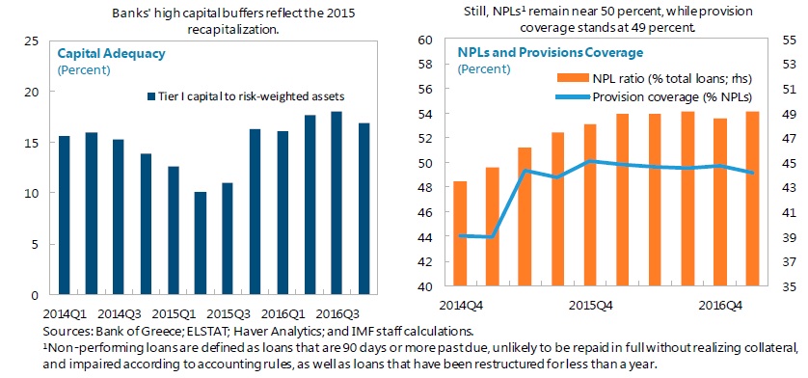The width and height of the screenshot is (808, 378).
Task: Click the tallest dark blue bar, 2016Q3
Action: [x=337, y=203]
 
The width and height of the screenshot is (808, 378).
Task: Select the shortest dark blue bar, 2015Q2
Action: [x=200, y=243]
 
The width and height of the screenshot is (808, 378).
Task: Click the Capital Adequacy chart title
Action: [x=111, y=54]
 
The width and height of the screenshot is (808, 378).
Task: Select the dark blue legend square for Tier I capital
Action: [x=151, y=96]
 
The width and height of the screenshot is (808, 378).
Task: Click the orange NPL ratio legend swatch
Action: [x=572, y=78]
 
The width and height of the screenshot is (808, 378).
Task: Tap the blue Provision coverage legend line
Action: [x=572, y=96]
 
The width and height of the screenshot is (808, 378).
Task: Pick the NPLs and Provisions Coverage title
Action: [x=551, y=53]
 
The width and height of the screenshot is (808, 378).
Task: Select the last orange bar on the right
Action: [x=752, y=199]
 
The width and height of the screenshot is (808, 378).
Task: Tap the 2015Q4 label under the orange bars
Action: [x=590, y=305]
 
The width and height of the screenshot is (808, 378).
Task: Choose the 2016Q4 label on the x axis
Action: [x=720, y=305]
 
